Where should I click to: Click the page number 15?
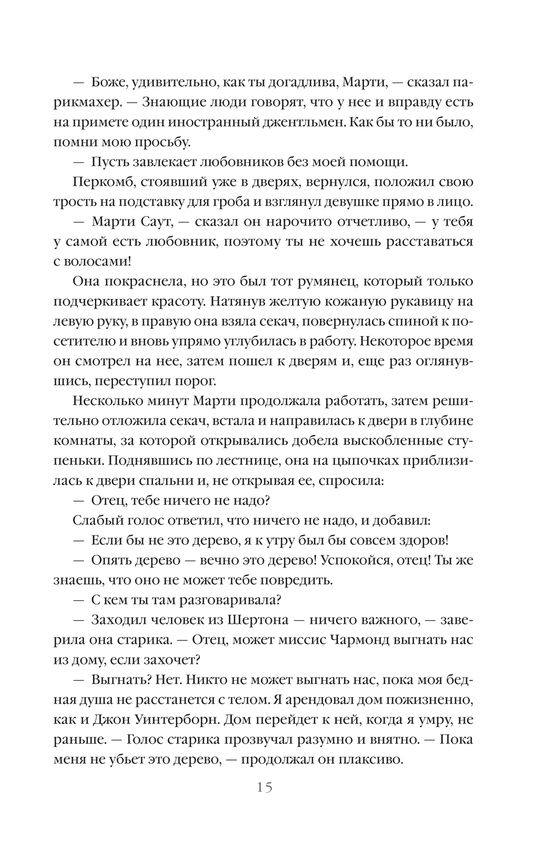(x=264, y=787)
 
